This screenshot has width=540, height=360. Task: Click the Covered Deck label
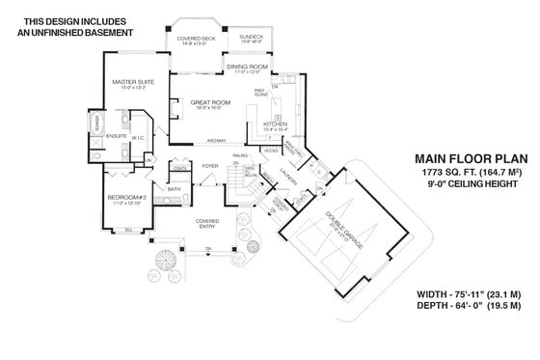pyautogui.click(x=196, y=39)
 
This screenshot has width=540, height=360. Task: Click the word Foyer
pyautogui.click(x=207, y=166)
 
